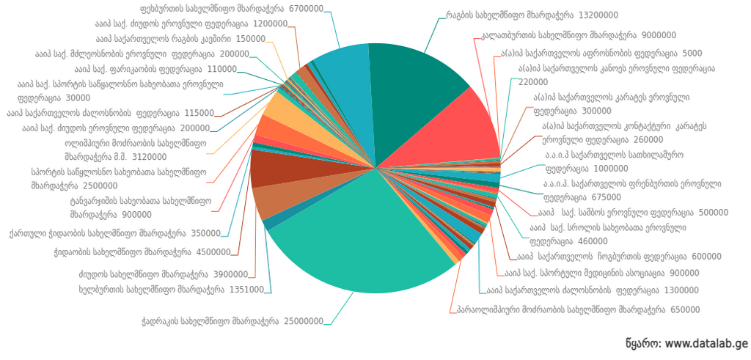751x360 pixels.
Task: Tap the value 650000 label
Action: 685,309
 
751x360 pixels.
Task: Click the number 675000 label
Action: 606,197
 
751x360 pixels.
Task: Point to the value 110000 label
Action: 221,69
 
